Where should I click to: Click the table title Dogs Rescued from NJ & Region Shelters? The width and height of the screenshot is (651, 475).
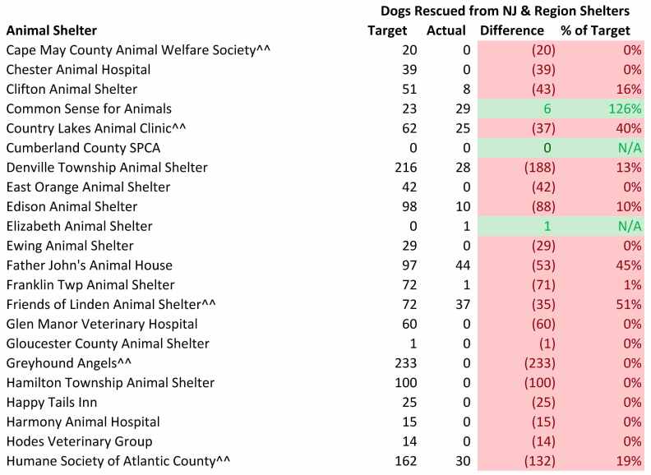click(x=505, y=11)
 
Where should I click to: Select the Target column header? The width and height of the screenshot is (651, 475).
click(x=386, y=30)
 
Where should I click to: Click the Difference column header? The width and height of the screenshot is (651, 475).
click(x=512, y=30)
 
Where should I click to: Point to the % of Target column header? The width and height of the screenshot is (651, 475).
click(x=595, y=30)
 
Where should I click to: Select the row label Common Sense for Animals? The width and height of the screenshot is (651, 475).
click(x=89, y=108)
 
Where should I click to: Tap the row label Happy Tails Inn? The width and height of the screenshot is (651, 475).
click(x=52, y=402)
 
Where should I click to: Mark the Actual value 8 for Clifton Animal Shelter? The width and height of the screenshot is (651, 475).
click(x=465, y=89)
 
